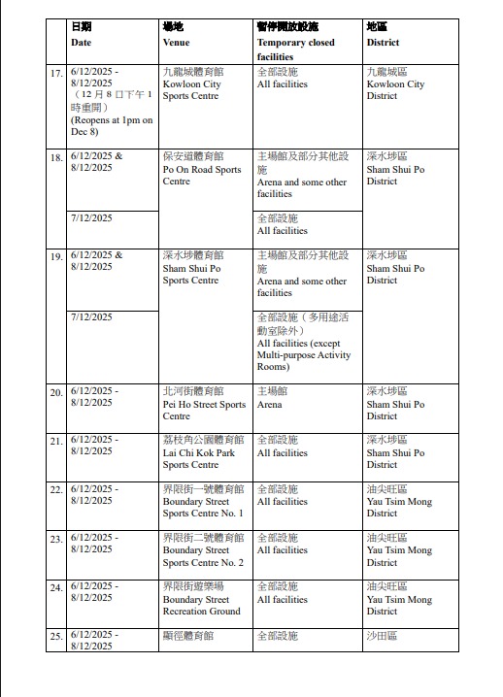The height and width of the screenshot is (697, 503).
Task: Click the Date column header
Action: pyautogui.click(x=82, y=43)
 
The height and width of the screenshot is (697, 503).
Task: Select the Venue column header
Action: pyautogui.click(x=177, y=43)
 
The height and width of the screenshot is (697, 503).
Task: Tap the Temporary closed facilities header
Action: pyautogui.click(x=295, y=43)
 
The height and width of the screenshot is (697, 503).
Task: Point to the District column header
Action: pyautogui.click(x=381, y=43)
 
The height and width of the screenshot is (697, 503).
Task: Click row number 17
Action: pyautogui.click(x=56, y=74)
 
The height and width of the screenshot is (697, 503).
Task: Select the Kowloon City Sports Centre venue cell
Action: pyautogui.click(x=192, y=84)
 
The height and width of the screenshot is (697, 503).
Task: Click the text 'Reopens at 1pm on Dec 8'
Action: pyautogui.click(x=112, y=126)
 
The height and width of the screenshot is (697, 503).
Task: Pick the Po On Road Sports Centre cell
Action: pyautogui.click(x=202, y=169)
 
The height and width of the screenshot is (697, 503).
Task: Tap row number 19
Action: pyautogui.click(x=56, y=256)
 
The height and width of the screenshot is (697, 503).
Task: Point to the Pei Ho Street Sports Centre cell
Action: pyautogui.click(x=204, y=404)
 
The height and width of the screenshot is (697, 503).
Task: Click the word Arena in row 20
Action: pyautogui.click(x=269, y=404)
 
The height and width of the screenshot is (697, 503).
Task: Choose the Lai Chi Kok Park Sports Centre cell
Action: pyautogui.click(x=199, y=452)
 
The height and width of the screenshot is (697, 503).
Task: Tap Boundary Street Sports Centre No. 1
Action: pyautogui.click(x=203, y=501)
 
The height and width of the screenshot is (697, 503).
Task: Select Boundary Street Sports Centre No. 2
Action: pyautogui.click(x=203, y=549)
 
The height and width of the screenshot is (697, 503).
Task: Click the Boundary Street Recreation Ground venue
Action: pyautogui.click(x=202, y=599)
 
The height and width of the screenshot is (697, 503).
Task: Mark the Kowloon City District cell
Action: pyautogui.click(x=395, y=84)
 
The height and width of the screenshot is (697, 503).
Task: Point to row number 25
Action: pyautogui.click(x=56, y=637)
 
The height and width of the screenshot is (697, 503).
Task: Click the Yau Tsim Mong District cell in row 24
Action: pyautogui.click(x=399, y=599)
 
